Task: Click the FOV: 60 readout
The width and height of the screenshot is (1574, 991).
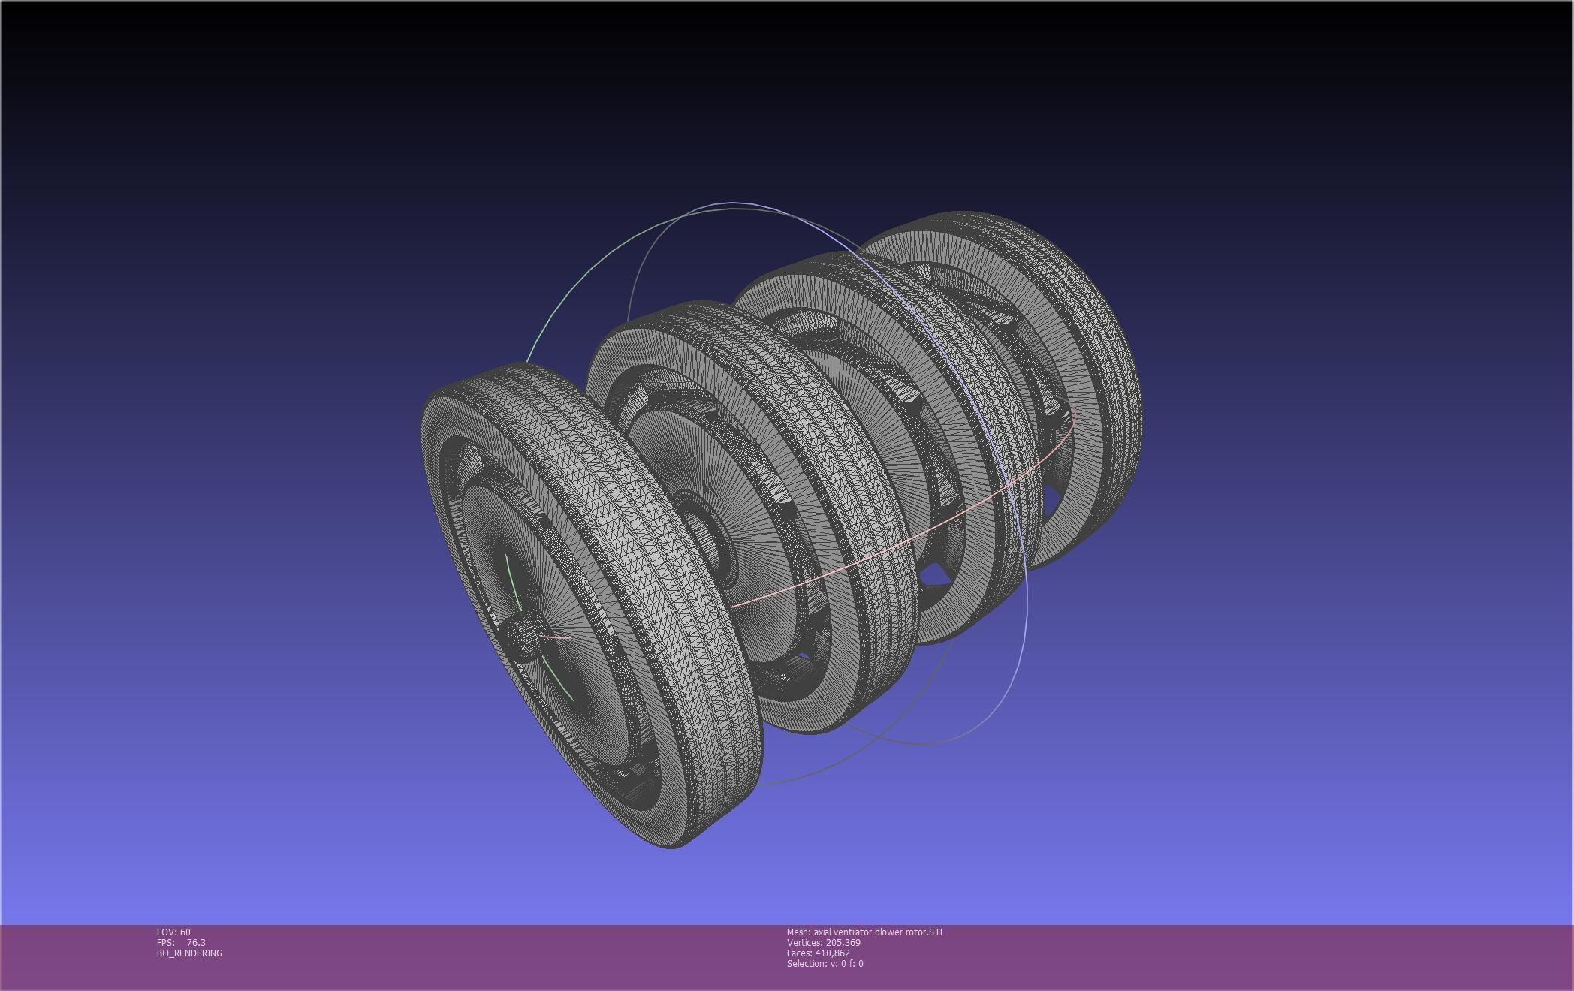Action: pos(173,932)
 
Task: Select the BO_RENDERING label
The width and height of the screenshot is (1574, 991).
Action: pos(189,953)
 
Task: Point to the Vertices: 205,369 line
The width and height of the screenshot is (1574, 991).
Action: pos(823,942)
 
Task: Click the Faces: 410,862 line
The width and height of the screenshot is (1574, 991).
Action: pos(818,953)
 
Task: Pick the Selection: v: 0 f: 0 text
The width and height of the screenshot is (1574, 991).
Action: pos(825,963)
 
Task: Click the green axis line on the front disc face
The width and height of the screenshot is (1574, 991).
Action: pos(512,578)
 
